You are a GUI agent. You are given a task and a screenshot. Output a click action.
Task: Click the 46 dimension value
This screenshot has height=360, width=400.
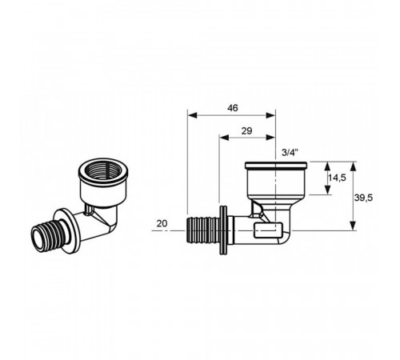coord(233,108)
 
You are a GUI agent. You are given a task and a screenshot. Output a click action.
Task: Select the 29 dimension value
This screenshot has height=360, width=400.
coord(246,131)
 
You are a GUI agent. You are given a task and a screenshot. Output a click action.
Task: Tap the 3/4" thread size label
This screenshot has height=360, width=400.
coord(290,153)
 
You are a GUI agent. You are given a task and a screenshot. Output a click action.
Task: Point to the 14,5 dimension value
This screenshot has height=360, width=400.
coord(337,178)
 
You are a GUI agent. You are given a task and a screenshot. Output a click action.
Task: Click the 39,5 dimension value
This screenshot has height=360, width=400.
coord(363,198)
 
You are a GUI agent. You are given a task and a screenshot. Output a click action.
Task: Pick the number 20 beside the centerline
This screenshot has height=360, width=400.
coord(162,223)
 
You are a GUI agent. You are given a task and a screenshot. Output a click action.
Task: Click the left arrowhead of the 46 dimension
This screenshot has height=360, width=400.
coord(192,115)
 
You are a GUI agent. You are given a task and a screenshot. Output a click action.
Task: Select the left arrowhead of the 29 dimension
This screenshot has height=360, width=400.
coord(224,138)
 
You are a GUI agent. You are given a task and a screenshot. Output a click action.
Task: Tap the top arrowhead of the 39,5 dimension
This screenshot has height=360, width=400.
coord(353,166)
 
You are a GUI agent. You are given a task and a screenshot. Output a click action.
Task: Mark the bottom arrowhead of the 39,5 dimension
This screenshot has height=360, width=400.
coord(353,226)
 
